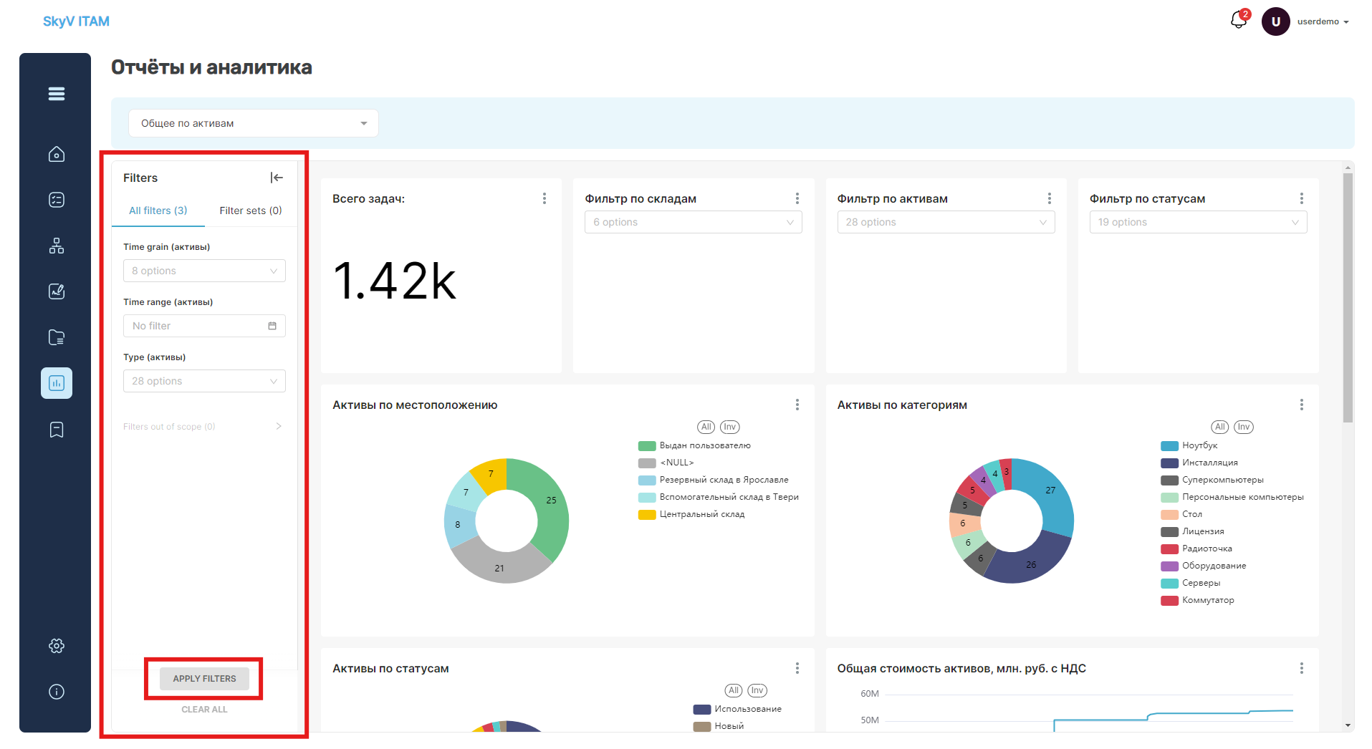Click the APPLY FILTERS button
click(x=204, y=678)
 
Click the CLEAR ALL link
click(x=204, y=710)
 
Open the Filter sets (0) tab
click(x=251, y=211)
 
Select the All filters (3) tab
click(x=158, y=211)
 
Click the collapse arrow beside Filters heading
click(x=277, y=178)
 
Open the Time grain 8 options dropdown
click(x=204, y=271)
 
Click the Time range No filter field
click(x=204, y=326)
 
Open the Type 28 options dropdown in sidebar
click(x=204, y=381)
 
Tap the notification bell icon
click(x=1238, y=20)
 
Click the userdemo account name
click(x=1318, y=21)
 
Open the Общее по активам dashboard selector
click(x=254, y=123)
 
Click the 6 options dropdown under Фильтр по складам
click(x=693, y=222)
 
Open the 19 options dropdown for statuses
click(x=1198, y=222)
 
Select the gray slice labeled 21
click(x=499, y=566)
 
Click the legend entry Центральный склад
click(x=701, y=514)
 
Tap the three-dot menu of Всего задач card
click(x=545, y=198)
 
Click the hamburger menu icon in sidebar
click(x=57, y=94)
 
